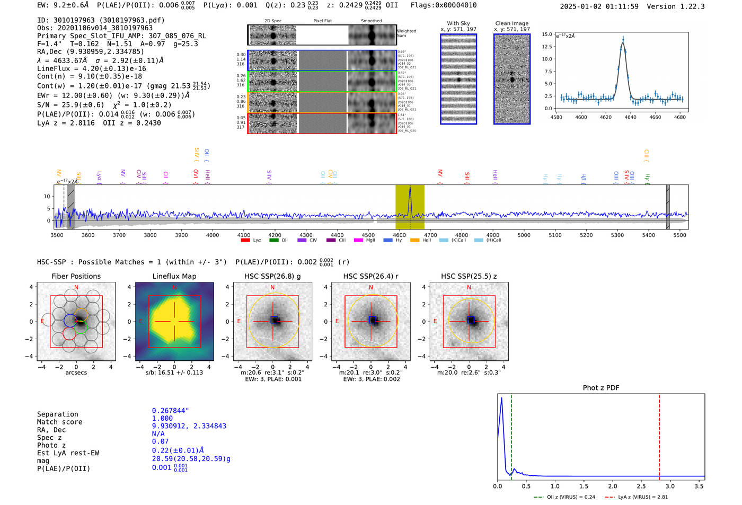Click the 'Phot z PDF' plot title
coord(601,388)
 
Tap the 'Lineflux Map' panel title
coord(174,276)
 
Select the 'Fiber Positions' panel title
coord(76,276)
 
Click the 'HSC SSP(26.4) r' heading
coord(370,276)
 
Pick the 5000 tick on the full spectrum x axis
coord(524,235)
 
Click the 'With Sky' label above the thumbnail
coord(458,23)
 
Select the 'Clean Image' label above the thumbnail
coord(511,23)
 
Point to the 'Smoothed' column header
coord(371,21)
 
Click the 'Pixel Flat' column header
coord(322,21)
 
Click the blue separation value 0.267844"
coord(170,411)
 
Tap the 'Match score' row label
coord(59,422)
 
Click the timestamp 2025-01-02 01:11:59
coord(599,6)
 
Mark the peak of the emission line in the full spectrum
coord(410,188)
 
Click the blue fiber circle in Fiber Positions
coord(70,320)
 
